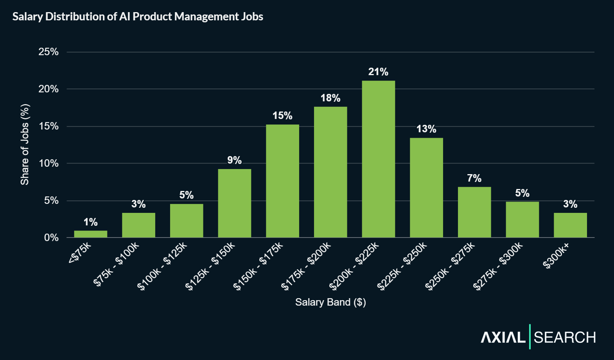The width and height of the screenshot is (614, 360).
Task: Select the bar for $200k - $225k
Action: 378,159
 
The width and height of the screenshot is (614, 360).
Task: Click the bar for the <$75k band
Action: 90,234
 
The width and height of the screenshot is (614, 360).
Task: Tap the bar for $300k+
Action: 570,225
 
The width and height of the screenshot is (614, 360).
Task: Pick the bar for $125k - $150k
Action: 234,203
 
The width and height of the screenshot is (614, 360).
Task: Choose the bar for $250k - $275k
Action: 474,212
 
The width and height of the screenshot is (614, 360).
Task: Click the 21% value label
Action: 378,72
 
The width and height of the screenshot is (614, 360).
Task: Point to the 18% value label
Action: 330,98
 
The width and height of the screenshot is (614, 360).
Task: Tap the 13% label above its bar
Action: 426,129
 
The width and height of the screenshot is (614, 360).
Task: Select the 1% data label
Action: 90,222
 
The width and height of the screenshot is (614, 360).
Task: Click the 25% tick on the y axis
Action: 48,52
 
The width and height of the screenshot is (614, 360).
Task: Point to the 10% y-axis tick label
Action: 48,164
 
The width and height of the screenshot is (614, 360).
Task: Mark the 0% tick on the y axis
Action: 51,238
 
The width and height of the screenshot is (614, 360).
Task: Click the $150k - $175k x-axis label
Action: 258,266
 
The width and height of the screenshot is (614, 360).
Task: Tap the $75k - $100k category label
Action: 116,264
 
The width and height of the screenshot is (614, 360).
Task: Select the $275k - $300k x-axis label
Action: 498,266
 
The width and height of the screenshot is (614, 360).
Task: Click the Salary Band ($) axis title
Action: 330,302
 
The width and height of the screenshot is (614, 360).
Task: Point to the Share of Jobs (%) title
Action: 25,144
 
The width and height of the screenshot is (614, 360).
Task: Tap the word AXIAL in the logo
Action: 503,337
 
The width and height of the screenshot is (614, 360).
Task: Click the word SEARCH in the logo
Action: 565,337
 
